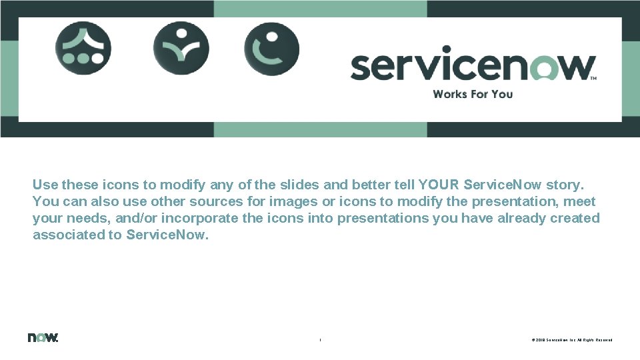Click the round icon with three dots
pyautogui.click(x=83, y=48)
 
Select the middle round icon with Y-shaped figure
pyautogui.click(x=181, y=48)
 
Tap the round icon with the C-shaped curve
pyautogui.click(x=271, y=48)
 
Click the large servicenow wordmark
pyautogui.click(x=472, y=65)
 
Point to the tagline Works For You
pyautogui.click(x=473, y=94)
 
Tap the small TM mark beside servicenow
pyautogui.click(x=593, y=79)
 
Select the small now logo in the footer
pyautogui.click(x=43, y=337)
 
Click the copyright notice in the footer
pyautogui.click(x=571, y=340)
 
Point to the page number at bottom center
pyautogui.click(x=320, y=340)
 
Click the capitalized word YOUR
pyautogui.click(x=439, y=184)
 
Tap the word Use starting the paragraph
pyautogui.click(x=45, y=184)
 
